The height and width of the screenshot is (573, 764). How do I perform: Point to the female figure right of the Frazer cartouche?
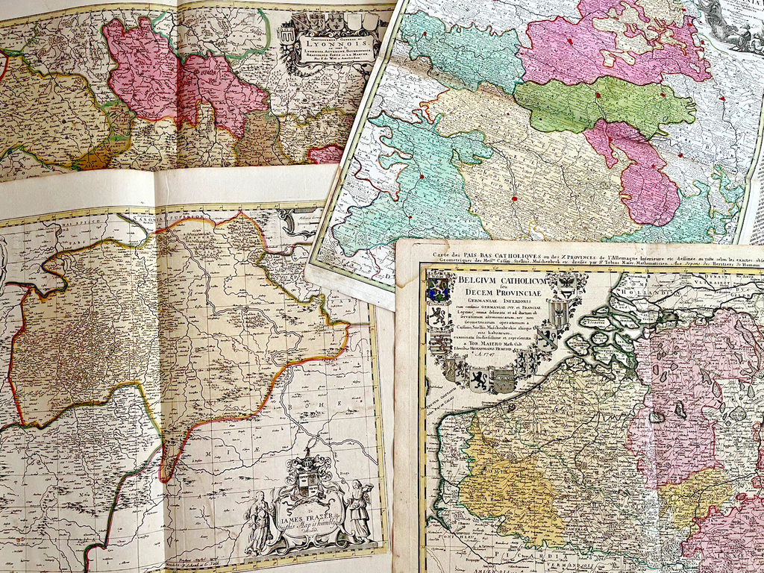357,511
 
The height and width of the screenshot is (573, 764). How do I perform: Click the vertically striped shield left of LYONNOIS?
287,35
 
